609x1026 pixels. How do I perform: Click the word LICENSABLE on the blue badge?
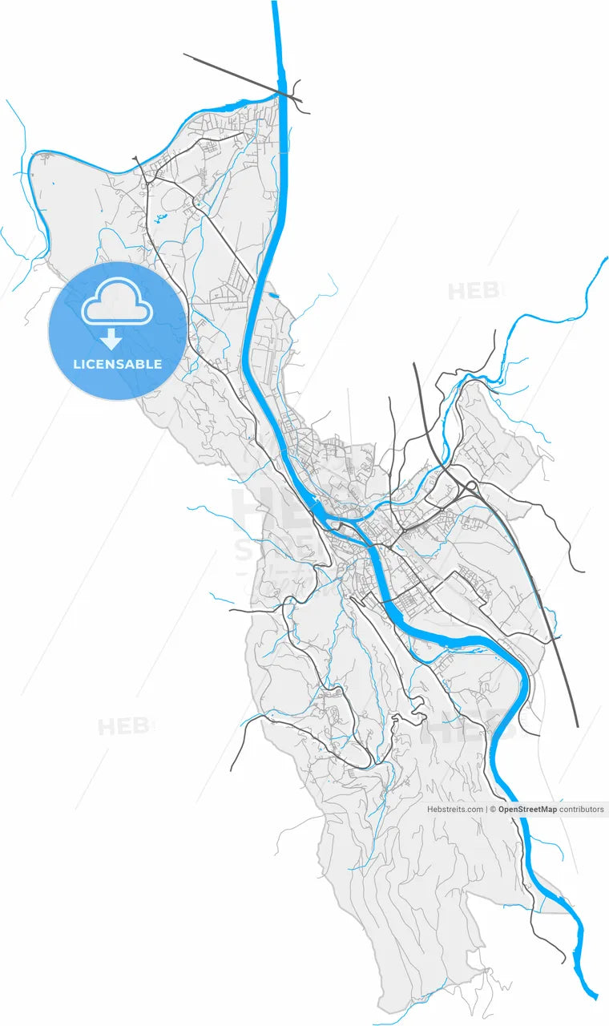coord(117,364)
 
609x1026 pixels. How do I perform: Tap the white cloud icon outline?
coord(117,301)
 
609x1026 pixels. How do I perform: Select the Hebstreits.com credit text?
coord(454,810)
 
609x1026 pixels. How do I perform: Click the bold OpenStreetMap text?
coord(526,810)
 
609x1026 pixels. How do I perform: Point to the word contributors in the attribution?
coord(582,810)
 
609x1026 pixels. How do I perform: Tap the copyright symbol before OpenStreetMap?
coord(493,810)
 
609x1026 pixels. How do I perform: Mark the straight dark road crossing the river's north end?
coord(240,77)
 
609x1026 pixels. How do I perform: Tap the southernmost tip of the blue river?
coord(594,996)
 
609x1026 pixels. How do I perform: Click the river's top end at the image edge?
coord(275,3)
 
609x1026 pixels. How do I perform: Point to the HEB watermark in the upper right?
coord(473,291)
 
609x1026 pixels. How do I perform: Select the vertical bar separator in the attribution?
coord(488,810)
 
